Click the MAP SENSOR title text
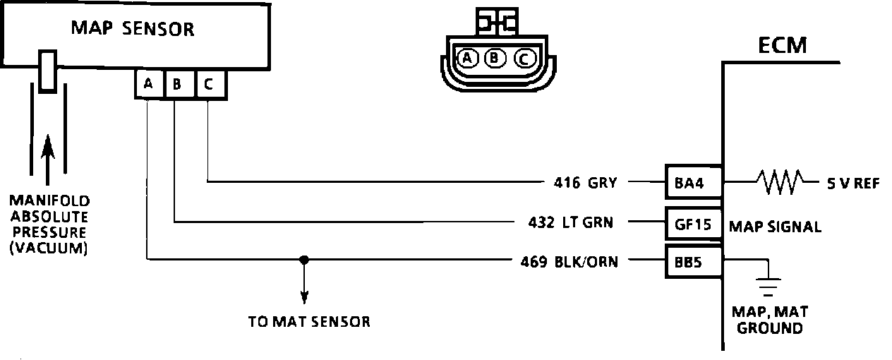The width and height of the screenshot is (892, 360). point(133,29)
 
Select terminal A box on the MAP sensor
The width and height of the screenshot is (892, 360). point(148,85)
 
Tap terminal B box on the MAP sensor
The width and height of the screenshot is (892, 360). point(177,85)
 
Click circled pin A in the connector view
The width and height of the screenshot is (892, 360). point(466,58)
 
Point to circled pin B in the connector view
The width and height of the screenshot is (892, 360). point(495,58)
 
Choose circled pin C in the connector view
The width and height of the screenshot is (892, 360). point(524,58)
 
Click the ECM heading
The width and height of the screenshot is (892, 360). point(782,47)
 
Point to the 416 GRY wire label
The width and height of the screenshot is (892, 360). point(585,184)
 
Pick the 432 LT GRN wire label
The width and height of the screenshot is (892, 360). point(571,223)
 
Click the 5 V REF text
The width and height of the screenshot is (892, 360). point(853,184)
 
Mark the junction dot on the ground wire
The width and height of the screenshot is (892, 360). point(304,259)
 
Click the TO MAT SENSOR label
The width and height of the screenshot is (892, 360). point(309,322)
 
